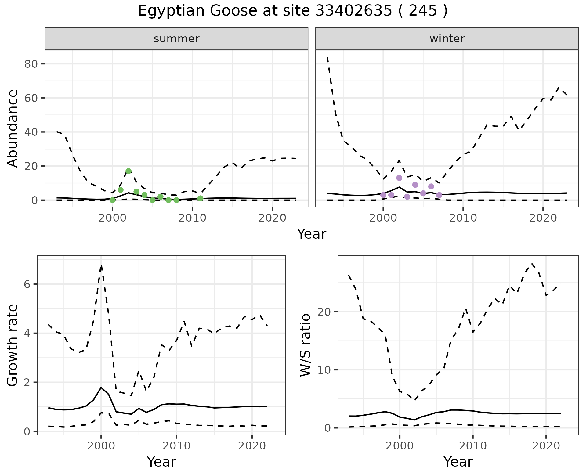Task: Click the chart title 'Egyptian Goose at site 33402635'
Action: pyautogui.click(x=292, y=11)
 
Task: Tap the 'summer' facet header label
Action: pyautogui.click(x=176, y=39)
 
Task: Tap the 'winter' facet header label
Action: pyautogui.click(x=447, y=39)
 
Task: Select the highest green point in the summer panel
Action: pyautogui.click(x=128, y=171)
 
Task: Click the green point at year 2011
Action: pyautogui.click(x=200, y=198)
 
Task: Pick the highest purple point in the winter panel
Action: pyautogui.click(x=399, y=178)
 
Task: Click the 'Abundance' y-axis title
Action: pyautogui.click(x=13, y=128)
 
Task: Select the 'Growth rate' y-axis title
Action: pyautogui.click(x=13, y=345)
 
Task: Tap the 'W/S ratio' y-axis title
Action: pyautogui.click(x=306, y=345)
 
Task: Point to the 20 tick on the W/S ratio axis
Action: pyautogui.click(x=325, y=312)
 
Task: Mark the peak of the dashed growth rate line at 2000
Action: pyautogui.click(x=101, y=265)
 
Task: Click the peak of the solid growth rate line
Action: pyautogui.click(x=101, y=387)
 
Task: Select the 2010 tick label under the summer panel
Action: pyautogui.click(x=192, y=218)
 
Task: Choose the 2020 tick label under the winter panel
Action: pyautogui.click(x=543, y=218)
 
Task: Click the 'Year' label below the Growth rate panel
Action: pyautogui.click(x=161, y=462)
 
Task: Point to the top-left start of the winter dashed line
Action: pyautogui.click(x=327, y=57)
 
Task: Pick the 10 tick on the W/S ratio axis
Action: pyautogui.click(x=325, y=370)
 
